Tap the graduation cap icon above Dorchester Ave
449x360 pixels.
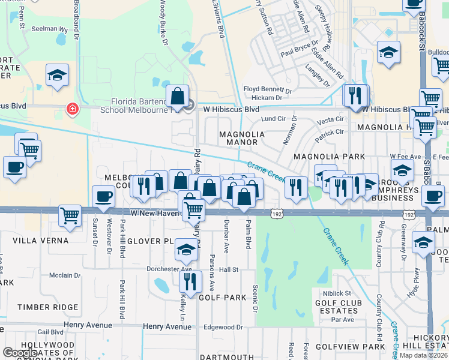(187, 250)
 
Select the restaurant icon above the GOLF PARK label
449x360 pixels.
(190, 281)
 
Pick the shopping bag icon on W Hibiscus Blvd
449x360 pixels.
(178, 96)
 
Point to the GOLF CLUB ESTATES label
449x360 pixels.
(336, 307)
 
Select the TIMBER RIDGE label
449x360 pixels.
(48, 307)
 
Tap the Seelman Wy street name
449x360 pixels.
(49, 28)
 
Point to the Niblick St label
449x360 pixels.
(336, 293)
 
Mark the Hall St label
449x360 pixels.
(229, 269)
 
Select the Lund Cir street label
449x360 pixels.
(273, 119)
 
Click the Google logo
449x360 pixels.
(20, 352)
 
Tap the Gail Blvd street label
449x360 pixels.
(50, 332)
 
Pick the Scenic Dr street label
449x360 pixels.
(255, 298)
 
